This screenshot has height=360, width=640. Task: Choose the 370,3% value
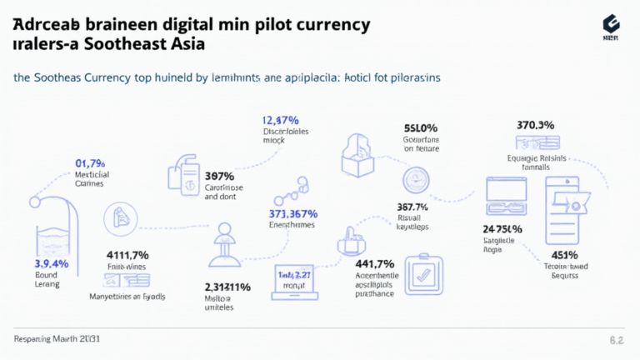click(x=536, y=125)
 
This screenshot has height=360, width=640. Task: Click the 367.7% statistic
click(x=412, y=207)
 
